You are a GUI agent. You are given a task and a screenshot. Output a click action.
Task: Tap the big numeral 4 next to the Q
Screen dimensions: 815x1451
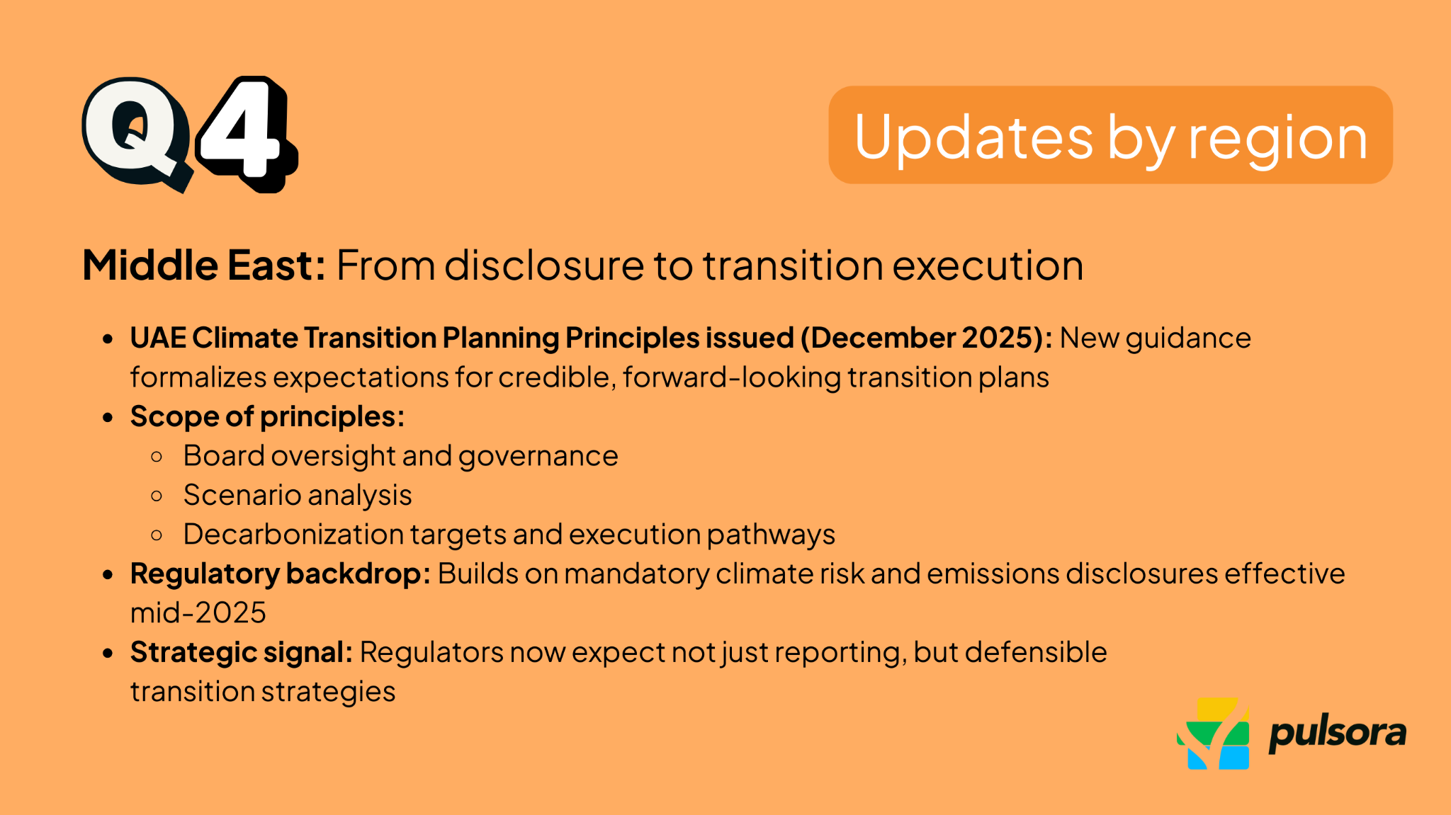point(244,132)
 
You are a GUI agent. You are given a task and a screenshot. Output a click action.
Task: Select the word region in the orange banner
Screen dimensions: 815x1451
point(1277,139)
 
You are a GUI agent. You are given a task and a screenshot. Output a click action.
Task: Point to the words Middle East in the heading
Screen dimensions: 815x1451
point(203,266)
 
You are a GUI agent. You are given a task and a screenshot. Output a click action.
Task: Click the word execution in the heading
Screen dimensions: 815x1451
point(988,266)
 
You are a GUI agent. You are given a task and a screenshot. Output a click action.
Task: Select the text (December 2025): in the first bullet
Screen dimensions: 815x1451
point(927,338)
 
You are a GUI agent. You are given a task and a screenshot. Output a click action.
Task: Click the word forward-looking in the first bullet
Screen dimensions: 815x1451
point(732,377)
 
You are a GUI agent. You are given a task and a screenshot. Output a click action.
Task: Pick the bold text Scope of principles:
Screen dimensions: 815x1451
point(267,416)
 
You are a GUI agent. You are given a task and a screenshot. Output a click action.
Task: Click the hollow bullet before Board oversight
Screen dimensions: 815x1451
point(157,457)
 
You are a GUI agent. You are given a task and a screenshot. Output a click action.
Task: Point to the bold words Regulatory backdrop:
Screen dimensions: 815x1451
point(280,574)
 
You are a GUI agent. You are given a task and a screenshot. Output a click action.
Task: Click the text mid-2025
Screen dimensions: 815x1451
point(198,612)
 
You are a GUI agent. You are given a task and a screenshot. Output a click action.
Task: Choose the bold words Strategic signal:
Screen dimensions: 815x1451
point(241,652)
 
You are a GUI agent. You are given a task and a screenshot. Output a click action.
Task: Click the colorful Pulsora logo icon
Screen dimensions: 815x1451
point(1213,734)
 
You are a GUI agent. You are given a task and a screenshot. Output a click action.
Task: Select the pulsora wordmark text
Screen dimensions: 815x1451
point(1337,734)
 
